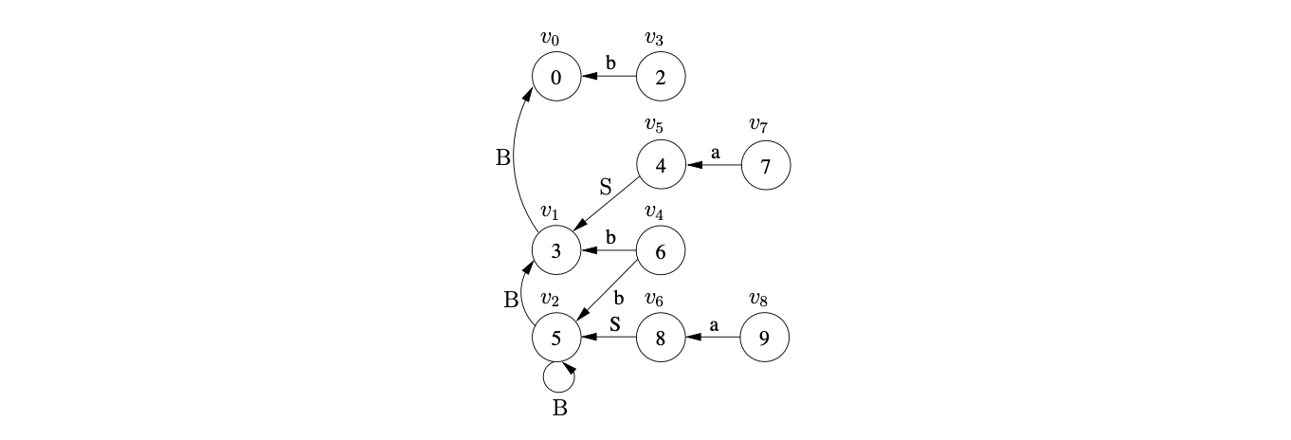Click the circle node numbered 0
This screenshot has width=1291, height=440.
[x=556, y=78]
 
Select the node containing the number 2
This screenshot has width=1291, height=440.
[x=660, y=78]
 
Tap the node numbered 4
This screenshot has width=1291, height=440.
[x=660, y=165]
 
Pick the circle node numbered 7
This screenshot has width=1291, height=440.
[x=765, y=165]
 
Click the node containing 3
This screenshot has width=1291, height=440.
[x=556, y=251]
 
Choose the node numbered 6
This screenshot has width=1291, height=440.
[x=660, y=251]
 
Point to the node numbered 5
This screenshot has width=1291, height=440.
[x=556, y=337]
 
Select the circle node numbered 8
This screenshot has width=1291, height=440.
[x=660, y=337]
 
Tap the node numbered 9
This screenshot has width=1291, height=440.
[x=765, y=337]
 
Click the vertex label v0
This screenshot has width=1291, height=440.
[x=550, y=38]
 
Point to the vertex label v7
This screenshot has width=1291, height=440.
[x=758, y=124]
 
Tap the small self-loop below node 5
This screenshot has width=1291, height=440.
[x=558, y=376]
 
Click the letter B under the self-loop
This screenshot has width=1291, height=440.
[x=559, y=409]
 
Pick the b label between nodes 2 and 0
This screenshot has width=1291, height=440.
[x=610, y=64]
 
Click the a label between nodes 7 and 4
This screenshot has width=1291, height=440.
[x=715, y=151]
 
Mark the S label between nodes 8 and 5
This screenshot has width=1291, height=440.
[x=613, y=323]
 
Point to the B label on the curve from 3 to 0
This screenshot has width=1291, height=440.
[x=503, y=157]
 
